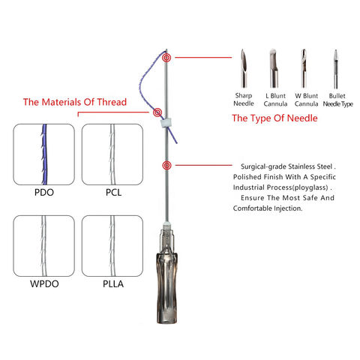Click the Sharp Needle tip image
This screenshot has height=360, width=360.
pyautogui.click(x=244, y=68)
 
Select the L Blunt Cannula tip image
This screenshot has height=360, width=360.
pyautogui.click(x=274, y=68)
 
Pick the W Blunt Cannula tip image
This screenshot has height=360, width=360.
pyautogui.click(x=304, y=68)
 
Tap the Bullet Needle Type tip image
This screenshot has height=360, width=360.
pyautogui.click(x=336, y=69)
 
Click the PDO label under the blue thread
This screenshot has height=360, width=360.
pyautogui.click(x=44, y=193)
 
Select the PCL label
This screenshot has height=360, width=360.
pyautogui.click(x=113, y=193)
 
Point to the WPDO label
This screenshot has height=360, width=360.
pyautogui.click(x=44, y=284)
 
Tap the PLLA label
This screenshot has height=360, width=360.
pyautogui.click(x=113, y=284)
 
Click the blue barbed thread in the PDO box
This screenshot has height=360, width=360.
pyautogui.click(x=44, y=154)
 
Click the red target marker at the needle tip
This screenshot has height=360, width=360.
pyautogui.click(x=166, y=58)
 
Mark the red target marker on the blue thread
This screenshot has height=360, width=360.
pyautogui.click(x=157, y=112)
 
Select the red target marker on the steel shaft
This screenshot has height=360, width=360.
pyautogui.click(x=166, y=165)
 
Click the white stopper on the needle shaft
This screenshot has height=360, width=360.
pyautogui.click(x=165, y=124)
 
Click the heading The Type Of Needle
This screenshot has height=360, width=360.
pyautogui.click(x=274, y=118)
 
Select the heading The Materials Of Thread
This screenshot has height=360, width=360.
pyautogui.click(x=75, y=102)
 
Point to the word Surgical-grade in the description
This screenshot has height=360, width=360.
pyautogui.click(x=263, y=166)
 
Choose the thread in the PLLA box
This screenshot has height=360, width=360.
pyautogui.click(x=112, y=246)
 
